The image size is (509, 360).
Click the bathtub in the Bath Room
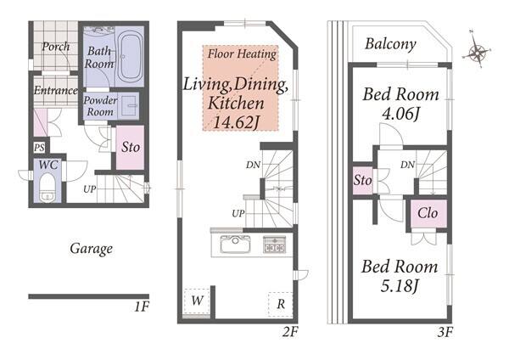pos(130,57)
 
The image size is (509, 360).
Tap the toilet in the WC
pos(48,188)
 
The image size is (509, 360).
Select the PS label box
pos(40,148)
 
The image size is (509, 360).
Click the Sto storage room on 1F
pos(130,148)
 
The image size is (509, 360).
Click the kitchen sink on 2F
pos(235,244)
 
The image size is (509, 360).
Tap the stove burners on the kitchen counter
pos(275,245)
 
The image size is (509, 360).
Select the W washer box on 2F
pos(197,301)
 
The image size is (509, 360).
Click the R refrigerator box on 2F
pos(281,305)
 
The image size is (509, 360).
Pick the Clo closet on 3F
pos(428,213)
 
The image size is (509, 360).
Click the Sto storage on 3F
pos(362,180)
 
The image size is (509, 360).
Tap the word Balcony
pos(390,44)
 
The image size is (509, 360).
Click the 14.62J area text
pos(237,122)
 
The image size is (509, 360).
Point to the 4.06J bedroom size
pos(401,114)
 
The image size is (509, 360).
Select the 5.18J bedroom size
pos(400,286)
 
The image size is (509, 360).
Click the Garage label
pos(92,250)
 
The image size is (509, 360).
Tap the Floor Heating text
pos(242,54)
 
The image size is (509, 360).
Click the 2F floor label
pos(290,332)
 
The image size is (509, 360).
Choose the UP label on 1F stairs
pos(90,189)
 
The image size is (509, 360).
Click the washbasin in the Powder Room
pos(130,105)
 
